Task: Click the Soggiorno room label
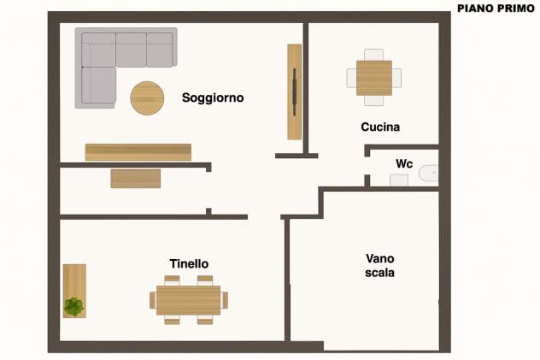pyautogui.click(x=213, y=97)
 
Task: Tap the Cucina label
pyautogui.click(x=380, y=127)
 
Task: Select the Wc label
pyautogui.click(x=404, y=163)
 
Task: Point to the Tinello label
pyautogui.click(x=189, y=263)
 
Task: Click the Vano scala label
pyautogui.click(x=380, y=266)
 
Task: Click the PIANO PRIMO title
pyautogui.click(x=496, y=9)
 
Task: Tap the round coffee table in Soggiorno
pyautogui.click(x=147, y=98)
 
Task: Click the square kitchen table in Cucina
pyautogui.click(x=374, y=78)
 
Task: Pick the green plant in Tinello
pyautogui.click(x=73, y=306)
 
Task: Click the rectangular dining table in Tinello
pyautogui.click(x=188, y=300)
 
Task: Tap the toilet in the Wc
pyautogui.click(x=429, y=174)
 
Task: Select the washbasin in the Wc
pyautogui.click(x=399, y=180)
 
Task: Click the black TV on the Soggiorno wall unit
pyautogui.click(x=295, y=92)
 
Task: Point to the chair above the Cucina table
pyautogui.click(x=373, y=55)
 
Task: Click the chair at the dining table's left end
pyautogui.click(x=153, y=300)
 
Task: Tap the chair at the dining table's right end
pyautogui.click(x=224, y=300)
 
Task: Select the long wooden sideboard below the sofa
pyautogui.click(x=138, y=152)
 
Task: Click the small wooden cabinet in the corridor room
pyautogui.click(x=136, y=179)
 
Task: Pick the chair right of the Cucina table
pyautogui.click(x=396, y=78)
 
